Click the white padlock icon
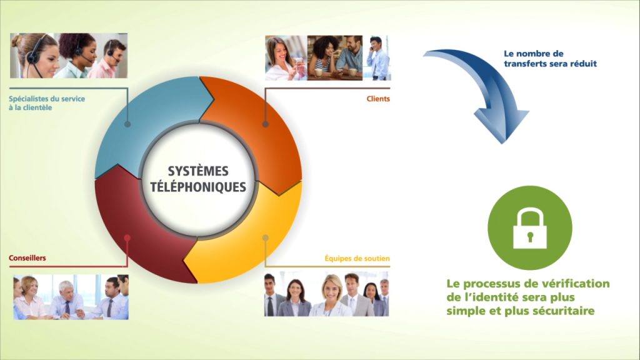530,229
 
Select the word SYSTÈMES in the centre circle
198,171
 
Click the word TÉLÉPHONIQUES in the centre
198,187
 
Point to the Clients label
378,99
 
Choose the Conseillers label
27,258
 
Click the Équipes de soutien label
357,258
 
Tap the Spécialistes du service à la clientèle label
47,103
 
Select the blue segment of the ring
135,122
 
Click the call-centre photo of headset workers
69,56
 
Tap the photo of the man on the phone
378,57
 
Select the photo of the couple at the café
335,57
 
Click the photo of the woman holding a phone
285,57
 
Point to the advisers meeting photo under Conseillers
71,297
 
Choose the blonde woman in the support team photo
331,295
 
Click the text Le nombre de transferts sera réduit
550,58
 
